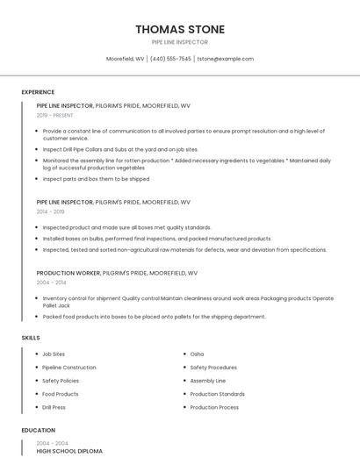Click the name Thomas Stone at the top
click(x=179, y=29)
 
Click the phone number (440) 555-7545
click(x=170, y=59)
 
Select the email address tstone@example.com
click(x=225, y=59)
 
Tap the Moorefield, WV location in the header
click(x=126, y=59)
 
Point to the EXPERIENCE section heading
click(x=38, y=92)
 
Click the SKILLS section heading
click(x=31, y=338)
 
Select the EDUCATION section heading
click(x=39, y=431)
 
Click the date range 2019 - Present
click(x=55, y=115)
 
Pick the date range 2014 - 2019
click(x=51, y=211)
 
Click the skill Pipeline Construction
click(x=69, y=368)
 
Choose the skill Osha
click(x=197, y=354)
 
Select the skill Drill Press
click(x=54, y=407)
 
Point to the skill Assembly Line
click(x=207, y=381)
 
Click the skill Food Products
click(x=61, y=394)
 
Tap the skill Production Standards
click(x=217, y=394)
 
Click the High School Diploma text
click(x=69, y=451)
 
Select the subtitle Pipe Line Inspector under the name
click(x=179, y=42)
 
